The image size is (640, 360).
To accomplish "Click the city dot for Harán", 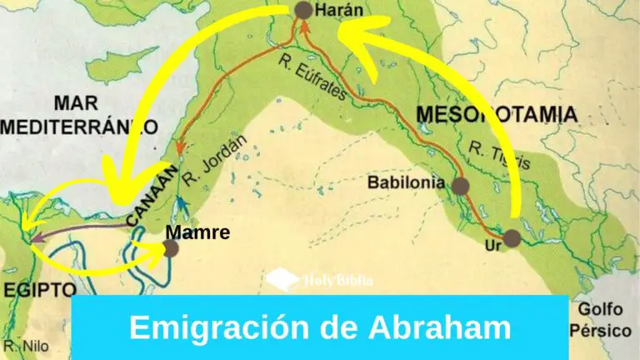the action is coord(303,10).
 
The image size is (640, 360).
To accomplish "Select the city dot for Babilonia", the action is coord(460,185).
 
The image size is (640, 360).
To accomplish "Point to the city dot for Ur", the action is coord(512,237).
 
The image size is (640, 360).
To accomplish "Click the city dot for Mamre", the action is coord(171,247).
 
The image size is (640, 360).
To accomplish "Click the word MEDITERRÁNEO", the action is coord(79,127).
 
